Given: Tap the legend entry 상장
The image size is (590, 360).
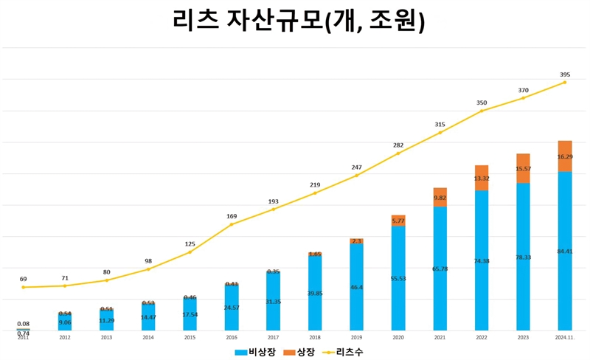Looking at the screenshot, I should [x=299, y=352].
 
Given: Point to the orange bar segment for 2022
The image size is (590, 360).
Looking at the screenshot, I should [x=482, y=178].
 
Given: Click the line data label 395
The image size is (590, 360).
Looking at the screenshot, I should [x=565, y=75].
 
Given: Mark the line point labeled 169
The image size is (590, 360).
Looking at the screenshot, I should [x=232, y=224].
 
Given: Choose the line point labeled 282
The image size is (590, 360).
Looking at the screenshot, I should [x=398, y=153].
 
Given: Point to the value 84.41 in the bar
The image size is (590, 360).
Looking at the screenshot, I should [x=565, y=252].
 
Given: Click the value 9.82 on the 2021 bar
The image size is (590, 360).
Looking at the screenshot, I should [x=440, y=198].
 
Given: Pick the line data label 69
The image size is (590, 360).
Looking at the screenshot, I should [x=23, y=279].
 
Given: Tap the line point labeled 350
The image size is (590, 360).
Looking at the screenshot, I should [x=482, y=111].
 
